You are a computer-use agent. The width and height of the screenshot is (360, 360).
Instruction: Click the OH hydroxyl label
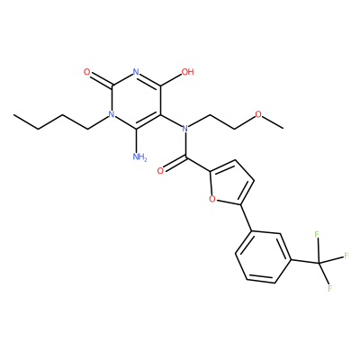click(188, 72)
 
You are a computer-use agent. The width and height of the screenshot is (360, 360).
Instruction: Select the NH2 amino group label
click(139, 157)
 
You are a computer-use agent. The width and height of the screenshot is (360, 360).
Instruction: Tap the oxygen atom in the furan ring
click(212, 199)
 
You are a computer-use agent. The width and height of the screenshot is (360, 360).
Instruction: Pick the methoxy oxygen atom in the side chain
click(258, 114)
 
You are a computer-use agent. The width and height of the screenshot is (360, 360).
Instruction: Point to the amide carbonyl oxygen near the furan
click(160, 171)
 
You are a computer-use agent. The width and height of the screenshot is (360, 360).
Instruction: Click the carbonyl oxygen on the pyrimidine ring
click(87, 72)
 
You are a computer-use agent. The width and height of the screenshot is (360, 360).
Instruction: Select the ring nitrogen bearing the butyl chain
click(112, 114)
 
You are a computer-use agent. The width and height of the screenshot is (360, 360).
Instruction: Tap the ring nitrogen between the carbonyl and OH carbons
click(136, 72)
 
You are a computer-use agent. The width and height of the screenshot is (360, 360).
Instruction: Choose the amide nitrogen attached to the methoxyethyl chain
click(185, 129)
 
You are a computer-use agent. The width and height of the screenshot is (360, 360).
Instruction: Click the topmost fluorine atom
click(316, 234)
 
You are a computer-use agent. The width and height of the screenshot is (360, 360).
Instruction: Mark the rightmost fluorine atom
click(346, 256)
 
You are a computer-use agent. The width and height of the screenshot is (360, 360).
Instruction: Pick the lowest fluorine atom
click(329, 288)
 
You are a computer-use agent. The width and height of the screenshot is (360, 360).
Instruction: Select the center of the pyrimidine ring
click(136, 100)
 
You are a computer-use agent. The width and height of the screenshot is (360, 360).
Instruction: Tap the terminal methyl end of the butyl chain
click(13, 115)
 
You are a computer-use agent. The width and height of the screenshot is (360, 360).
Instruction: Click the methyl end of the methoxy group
click(283, 129)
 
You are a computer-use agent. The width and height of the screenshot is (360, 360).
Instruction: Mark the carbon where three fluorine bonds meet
click(319, 264)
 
